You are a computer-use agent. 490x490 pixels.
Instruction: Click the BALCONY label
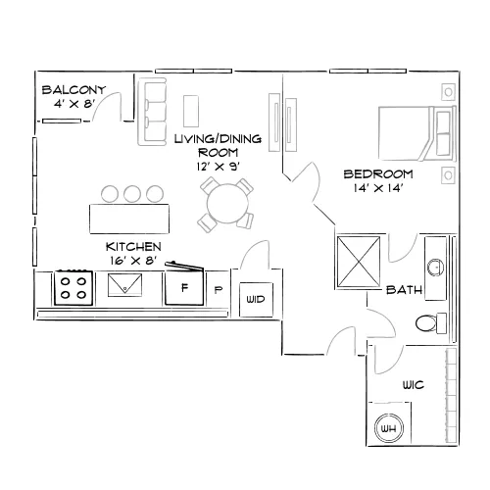click(73, 89)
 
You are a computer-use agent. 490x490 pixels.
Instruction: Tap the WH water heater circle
click(389, 428)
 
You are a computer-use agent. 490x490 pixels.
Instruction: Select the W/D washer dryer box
click(256, 300)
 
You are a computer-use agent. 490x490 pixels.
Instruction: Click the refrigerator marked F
click(184, 288)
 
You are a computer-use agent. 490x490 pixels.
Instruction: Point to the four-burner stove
click(73, 288)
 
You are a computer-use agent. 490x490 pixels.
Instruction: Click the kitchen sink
click(124, 285)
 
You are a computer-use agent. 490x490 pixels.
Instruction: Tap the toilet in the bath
click(431, 323)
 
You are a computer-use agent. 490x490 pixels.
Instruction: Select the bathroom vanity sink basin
click(436, 268)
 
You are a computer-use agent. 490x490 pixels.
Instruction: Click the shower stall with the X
click(359, 262)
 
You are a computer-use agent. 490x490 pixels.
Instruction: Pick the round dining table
click(227, 204)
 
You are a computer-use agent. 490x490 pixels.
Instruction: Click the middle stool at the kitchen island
click(132, 194)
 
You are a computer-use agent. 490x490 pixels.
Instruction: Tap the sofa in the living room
click(152, 112)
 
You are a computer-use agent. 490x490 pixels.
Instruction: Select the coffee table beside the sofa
click(191, 111)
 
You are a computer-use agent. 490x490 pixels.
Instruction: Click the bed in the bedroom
click(417, 133)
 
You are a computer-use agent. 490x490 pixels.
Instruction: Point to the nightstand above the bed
click(448, 92)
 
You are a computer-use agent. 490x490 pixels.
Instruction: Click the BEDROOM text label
click(378, 173)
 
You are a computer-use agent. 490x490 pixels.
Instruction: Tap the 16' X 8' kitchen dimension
click(133, 261)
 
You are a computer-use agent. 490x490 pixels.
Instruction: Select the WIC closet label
click(414, 385)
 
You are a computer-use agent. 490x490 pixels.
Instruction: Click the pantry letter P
click(219, 290)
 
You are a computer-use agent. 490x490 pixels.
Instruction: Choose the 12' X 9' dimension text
click(219, 167)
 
